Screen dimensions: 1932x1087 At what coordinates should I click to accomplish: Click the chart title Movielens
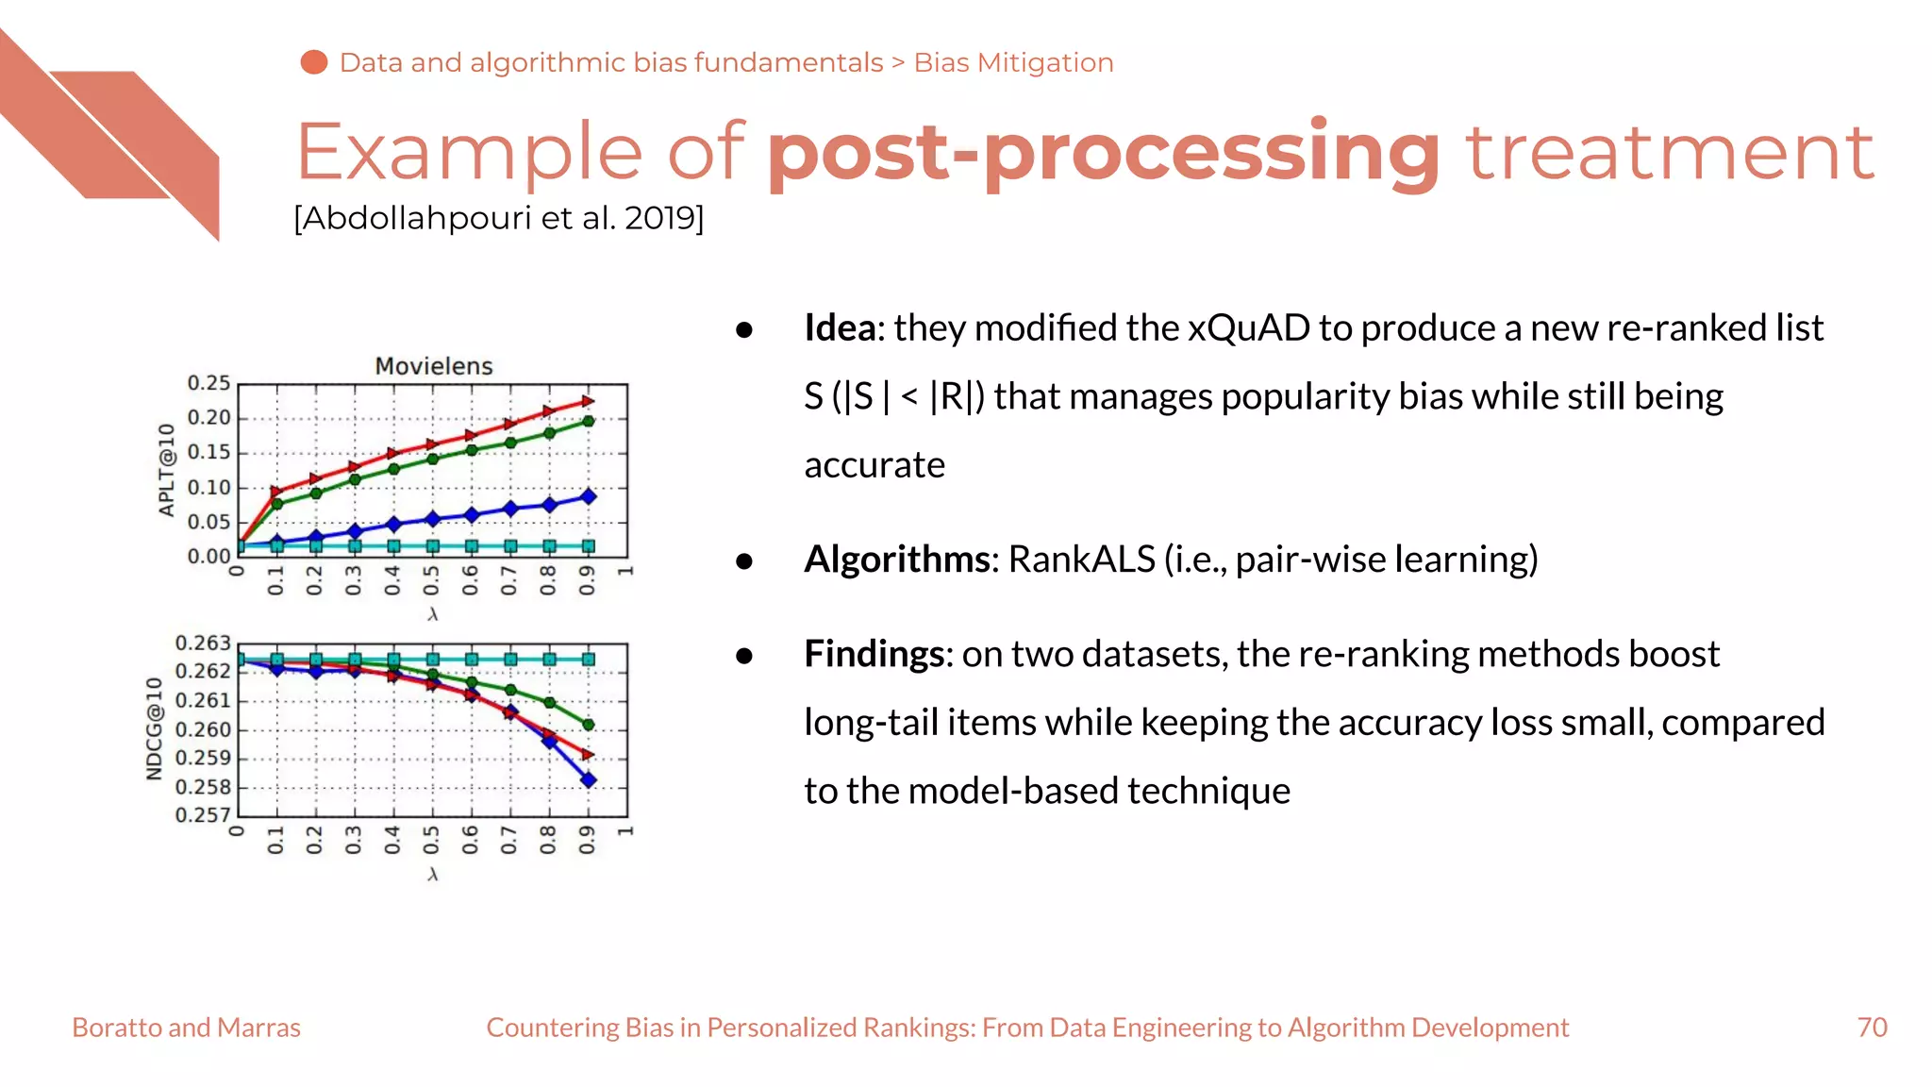pyautogui.click(x=434, y=366)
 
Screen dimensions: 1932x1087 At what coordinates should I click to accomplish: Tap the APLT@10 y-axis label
pyautogui.click(x=167, y=470)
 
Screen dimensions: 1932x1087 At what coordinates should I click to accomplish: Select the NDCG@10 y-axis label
pyautogui.click(x=155, y=728)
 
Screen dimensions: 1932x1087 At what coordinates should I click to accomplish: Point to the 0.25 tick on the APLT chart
pyautogui.click(x=208, y=383)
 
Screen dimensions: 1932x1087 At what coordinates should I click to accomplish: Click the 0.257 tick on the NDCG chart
pyautogui.click(x=203, y=815)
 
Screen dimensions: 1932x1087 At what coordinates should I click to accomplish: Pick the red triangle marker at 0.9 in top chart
pyautogui.click(x=588, y=401)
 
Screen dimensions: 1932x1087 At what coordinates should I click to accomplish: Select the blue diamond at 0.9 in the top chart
pyautogui.click(x=588, y=496)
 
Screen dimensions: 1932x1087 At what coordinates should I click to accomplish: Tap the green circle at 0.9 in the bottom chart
pyautogui.click(x=588, y=725)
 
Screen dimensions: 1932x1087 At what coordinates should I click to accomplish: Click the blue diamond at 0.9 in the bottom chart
pyautogui.click(x=588, y=779)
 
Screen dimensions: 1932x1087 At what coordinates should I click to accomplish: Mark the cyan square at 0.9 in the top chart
pyautogui.click(x=588, y=546)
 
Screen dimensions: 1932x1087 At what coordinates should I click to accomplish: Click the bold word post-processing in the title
pyautogui.click(x=1104, y=153)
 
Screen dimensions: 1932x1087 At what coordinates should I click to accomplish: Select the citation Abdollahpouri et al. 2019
pyautogui.click(x=498, y=218)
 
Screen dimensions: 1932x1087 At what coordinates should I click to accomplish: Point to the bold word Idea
pyautogui.click(x=840, y=328)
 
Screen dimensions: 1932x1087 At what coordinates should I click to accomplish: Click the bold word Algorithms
pyautogui.click(x=896, y=560)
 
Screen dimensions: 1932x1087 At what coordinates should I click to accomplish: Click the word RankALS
pyautogui.click(x=1081, y=560)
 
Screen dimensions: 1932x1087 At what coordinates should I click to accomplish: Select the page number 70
pyautogui.click(x=1872, y=1028)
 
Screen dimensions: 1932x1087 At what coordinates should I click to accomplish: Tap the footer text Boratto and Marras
pyautogui.click(x=186, y=1028)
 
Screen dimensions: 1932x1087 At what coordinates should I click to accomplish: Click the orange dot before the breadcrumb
pyautogui.click(x=313, y=62)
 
